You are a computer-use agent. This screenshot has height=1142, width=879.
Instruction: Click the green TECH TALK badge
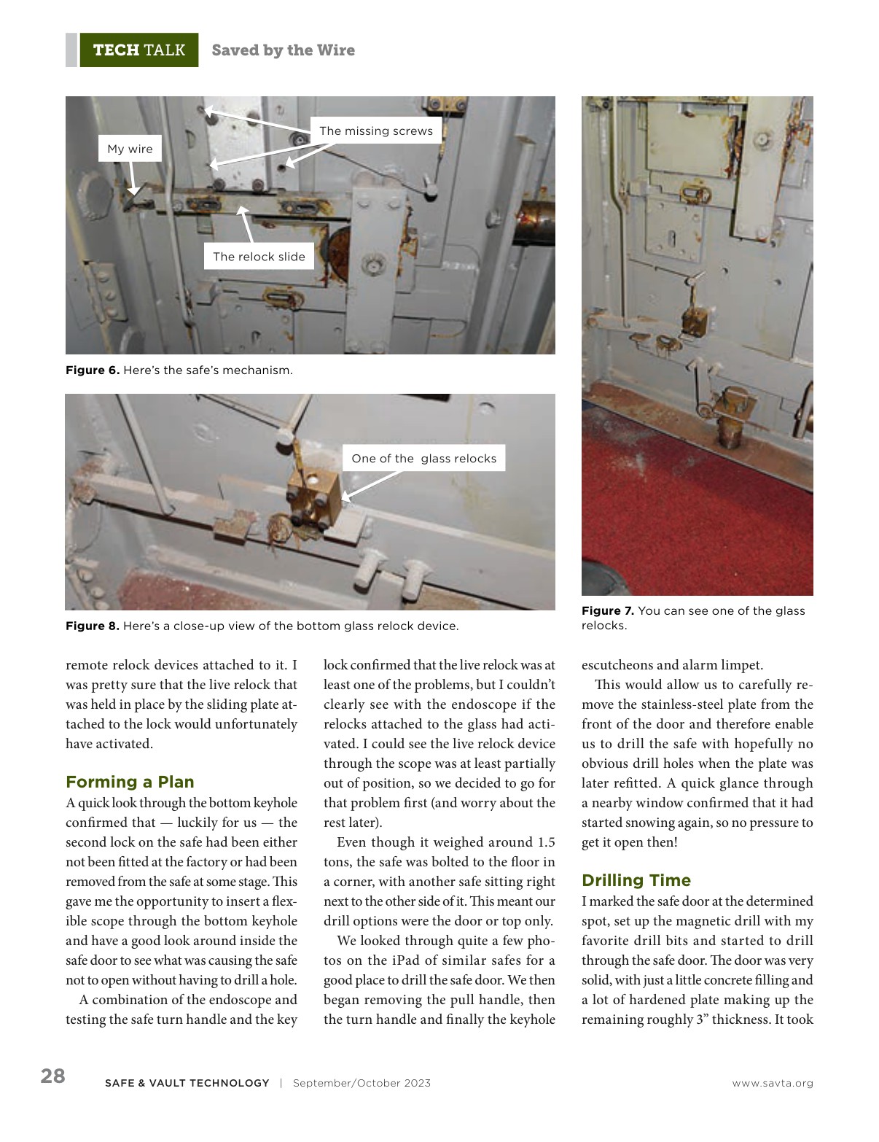click(138, 50)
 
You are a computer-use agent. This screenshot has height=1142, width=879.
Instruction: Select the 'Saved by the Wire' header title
click(283, 50)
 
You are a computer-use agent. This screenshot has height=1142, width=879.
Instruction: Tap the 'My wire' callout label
click(130, 149)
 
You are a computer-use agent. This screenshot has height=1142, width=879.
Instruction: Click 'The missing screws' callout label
click(375, 131)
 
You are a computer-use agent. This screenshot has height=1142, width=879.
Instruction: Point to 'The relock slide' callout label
click(259, 257)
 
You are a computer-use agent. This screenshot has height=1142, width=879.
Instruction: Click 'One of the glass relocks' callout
click(423, 459)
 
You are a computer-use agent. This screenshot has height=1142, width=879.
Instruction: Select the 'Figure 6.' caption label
click(93, 370)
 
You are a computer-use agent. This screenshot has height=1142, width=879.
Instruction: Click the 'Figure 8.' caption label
click(93, 626)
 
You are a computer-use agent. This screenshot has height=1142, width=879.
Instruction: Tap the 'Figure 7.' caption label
click(608, 611)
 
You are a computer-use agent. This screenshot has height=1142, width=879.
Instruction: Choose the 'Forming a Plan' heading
click(130, 782)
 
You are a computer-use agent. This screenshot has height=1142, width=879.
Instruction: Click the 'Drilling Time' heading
click(636, 880)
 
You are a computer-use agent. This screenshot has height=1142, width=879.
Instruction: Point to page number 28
click(52, 1076)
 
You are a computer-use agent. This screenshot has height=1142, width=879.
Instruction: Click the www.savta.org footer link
click(773, 1084)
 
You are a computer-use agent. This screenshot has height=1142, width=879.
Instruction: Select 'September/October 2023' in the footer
click(362, 1084)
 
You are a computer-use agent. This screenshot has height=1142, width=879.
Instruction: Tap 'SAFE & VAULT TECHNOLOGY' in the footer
click(187, 1084)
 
